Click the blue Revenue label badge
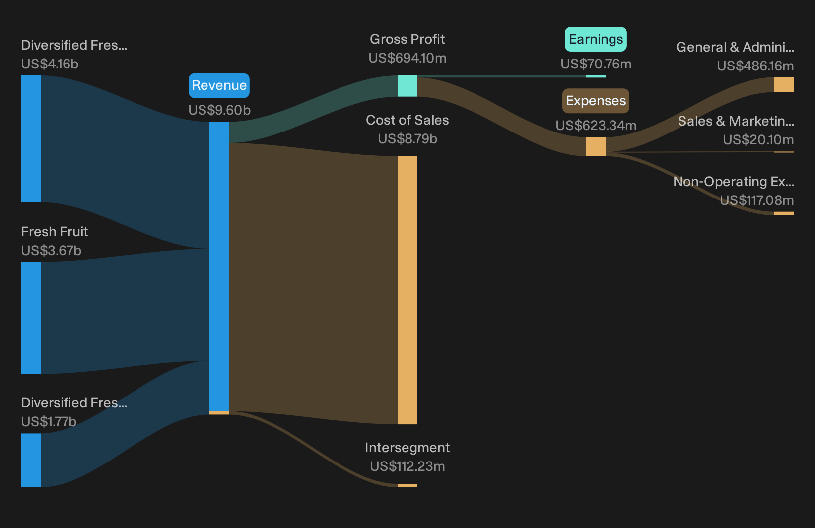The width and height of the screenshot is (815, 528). [219, 85]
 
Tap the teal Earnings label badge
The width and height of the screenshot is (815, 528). [596, 39]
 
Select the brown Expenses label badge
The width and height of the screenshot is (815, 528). [596, 101]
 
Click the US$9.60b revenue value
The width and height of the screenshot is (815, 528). [219, 110]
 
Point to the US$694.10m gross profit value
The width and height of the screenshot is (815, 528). [407, 58]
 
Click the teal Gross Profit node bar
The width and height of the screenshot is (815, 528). [407, 86]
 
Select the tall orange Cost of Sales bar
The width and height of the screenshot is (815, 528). [407, 290]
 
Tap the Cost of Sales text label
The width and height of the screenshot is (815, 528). [407, 120]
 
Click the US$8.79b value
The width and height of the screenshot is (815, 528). [407, 139]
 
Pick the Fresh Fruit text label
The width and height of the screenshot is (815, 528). [55, 232]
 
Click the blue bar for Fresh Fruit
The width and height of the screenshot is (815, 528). [31, 318]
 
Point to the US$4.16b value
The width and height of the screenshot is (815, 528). [50, 64]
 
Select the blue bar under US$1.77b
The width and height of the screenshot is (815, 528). [31, 461]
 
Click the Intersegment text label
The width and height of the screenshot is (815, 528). [407, 448]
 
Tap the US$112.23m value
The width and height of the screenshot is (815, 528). [407, 466]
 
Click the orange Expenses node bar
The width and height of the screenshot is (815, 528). [596, 147]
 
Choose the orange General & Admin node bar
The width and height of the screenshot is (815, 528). [784, 84]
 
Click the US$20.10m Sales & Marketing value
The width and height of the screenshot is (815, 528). [758, 140]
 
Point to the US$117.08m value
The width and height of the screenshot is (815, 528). [757, 200]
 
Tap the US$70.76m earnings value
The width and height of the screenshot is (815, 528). [596, 64]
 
